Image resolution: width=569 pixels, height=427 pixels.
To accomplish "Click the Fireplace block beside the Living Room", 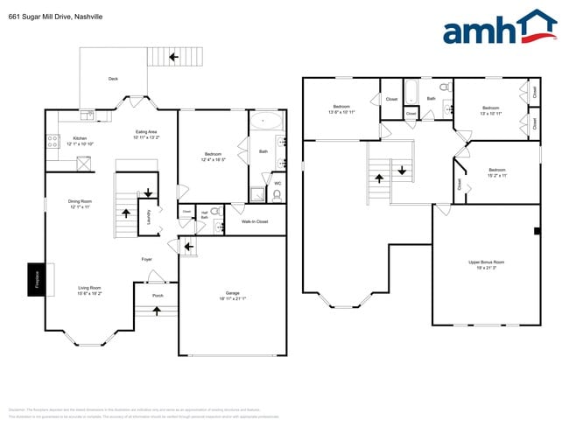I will point(35,279).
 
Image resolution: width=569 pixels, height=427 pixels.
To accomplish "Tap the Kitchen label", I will point(80,139).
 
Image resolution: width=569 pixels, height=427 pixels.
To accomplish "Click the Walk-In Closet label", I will point(255,221).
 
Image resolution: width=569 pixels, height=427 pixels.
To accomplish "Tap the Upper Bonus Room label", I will point(486,262).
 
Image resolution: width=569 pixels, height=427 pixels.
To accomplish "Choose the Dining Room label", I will point(80,202).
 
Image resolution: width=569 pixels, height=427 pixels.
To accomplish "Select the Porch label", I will point(158,295).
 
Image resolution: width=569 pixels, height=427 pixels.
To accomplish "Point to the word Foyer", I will point(147,259).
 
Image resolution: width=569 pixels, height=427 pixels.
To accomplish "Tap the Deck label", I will point(113,79).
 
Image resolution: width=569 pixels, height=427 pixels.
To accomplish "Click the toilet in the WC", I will point(277,196).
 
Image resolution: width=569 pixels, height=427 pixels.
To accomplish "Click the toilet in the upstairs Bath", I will point(444,87).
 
